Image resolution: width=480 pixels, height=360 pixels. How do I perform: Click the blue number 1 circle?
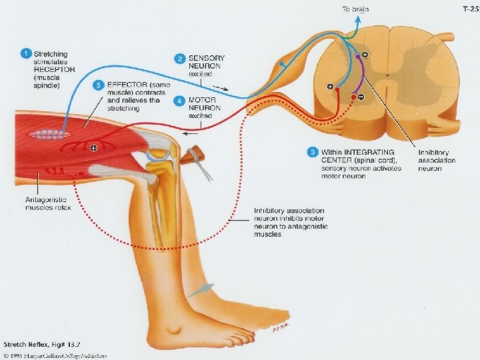(x=26, y=53)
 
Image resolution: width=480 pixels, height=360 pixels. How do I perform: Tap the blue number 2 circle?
(x=179, y=59)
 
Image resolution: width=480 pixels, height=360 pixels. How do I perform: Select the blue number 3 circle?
(x=311, y=151)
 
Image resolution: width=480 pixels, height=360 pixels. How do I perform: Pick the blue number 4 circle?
(x=179, y=101)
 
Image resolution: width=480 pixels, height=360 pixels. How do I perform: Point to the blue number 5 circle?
(x=99, y=85)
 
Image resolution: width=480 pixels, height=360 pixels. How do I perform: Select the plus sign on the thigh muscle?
(x=94, y=147)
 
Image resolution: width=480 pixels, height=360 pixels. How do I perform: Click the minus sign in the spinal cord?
(x=361, y=97)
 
